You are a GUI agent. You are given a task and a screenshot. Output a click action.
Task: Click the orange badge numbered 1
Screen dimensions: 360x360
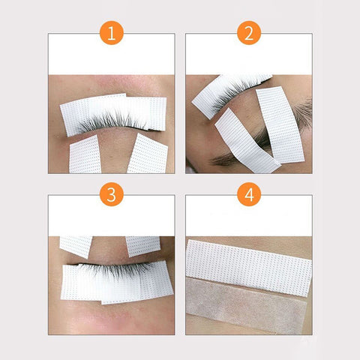[112, 33]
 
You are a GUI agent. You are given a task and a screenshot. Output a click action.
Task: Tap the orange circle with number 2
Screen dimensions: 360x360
[249, 33]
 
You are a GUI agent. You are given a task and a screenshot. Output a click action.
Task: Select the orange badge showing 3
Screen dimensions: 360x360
[112, 194]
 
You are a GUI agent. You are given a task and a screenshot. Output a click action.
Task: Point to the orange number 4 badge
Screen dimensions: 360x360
[249, 194]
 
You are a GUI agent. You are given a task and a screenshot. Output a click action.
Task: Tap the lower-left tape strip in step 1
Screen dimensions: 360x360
[85, 155]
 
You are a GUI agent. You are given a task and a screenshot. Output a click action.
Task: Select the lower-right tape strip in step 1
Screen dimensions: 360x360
[148, 154]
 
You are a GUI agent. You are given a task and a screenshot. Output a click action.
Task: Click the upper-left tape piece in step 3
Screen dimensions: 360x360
[76, 246]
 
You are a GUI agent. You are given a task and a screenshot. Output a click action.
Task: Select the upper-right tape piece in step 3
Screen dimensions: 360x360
[143, 245]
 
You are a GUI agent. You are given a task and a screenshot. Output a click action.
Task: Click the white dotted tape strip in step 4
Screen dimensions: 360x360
[249, 268]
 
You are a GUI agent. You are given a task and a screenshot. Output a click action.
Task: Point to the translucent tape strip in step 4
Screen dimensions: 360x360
[246, 306]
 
